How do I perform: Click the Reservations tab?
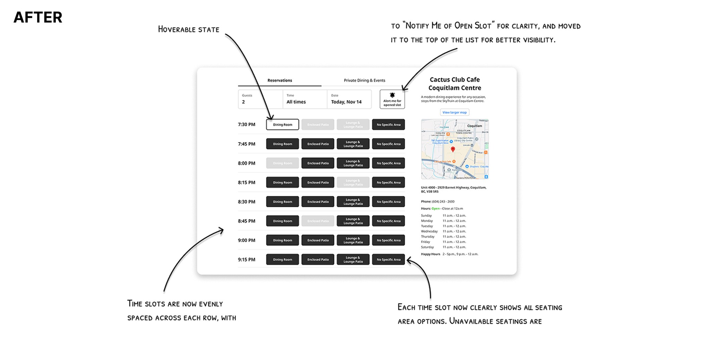click(279, 80)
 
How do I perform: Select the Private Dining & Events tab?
click(364, 80)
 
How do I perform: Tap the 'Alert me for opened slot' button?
click(392, 99)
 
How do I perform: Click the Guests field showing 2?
click(260, 99)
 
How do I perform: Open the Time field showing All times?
click(304, 99)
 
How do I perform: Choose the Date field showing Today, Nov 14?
click(349, 99)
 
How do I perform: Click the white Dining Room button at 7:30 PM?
click(283, 125)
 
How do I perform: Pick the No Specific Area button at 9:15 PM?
click(388, 260)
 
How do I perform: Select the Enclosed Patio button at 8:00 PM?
click(318, 163)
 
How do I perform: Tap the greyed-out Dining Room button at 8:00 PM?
click(283, 163)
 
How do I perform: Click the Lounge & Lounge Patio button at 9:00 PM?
click(353, 240)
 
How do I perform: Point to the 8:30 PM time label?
click(246, 202)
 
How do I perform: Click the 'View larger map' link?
click(454, 112)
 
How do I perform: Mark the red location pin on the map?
click(453, 149)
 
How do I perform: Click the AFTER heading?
click(38, 17)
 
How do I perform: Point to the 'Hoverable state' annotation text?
click(189, 29)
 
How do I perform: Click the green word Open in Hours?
click(435, 209)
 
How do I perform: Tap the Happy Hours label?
click(430, 254)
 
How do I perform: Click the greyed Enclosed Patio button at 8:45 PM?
click(318, 221)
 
